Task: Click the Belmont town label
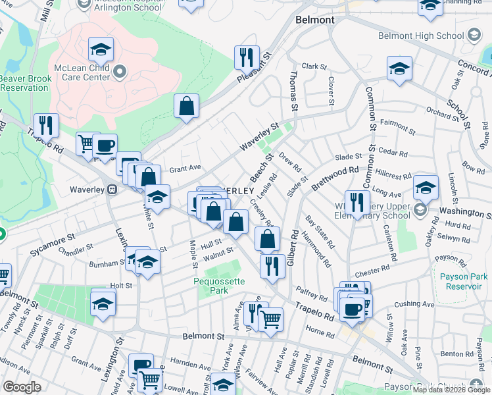coord(314,20)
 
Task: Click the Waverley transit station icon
coord(112,190)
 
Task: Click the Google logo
coord(22,387)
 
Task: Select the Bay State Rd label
coord(314,228)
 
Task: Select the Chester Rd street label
coord(368,273)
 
